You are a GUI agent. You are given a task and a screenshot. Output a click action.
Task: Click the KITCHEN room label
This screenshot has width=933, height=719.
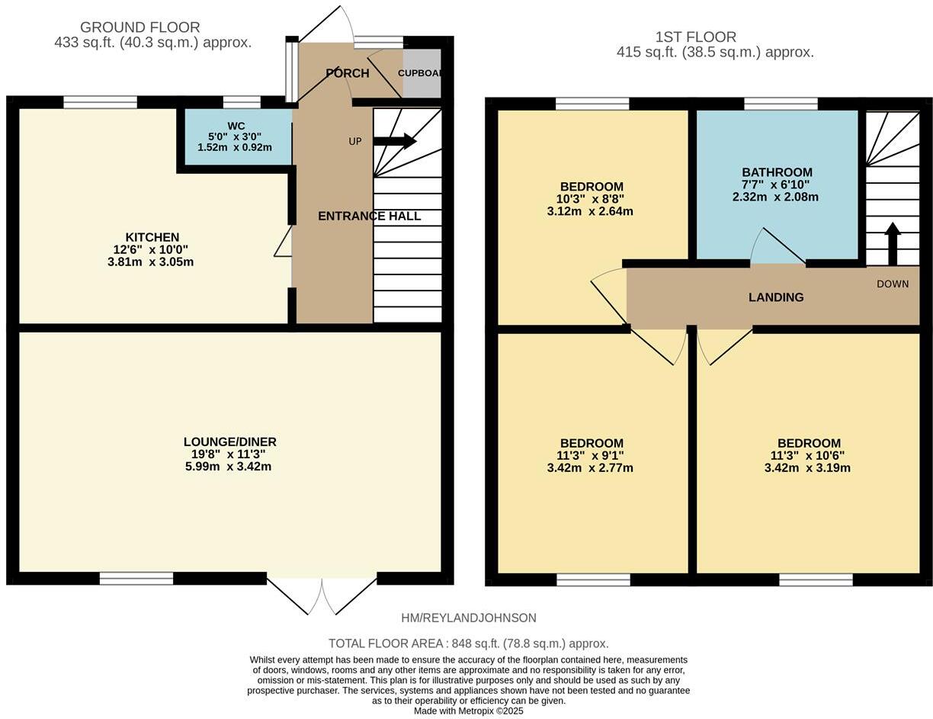[152, 237]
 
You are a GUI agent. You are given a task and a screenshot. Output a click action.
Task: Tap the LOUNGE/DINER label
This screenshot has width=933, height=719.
[229, 441]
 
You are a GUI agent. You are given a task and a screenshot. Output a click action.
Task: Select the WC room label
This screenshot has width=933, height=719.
[236, 126]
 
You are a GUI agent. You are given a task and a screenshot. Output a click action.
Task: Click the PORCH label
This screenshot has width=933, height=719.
[347, 73]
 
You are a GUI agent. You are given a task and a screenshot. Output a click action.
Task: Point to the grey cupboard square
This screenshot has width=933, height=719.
[422, 73]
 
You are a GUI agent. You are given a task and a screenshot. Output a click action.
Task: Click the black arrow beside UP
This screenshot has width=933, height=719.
[395, 141]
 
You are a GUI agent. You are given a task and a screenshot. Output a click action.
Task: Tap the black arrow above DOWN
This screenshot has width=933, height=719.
[892, 242]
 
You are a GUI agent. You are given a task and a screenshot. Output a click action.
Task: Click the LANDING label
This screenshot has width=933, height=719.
[775, 297]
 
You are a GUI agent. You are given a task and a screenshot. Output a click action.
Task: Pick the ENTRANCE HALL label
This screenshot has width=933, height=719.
[369, 216]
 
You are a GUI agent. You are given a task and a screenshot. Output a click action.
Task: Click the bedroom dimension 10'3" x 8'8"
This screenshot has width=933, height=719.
[591, 199]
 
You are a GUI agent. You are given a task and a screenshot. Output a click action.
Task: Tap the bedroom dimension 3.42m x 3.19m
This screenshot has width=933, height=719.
[807, 467]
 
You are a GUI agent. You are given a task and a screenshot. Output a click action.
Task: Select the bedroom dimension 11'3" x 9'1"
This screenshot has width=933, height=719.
[591, 455]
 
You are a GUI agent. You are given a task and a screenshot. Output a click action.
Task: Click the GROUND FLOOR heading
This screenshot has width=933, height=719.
[139, 27]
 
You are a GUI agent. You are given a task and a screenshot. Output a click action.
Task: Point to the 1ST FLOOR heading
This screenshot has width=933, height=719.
[695, 37]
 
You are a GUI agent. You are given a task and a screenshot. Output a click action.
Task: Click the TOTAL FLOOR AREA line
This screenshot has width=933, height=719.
[468, 644]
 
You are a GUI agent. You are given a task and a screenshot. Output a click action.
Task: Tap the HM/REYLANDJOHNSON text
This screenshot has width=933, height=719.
[468, 618]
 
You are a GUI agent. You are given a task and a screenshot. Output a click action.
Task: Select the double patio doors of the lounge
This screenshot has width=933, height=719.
[322, 595]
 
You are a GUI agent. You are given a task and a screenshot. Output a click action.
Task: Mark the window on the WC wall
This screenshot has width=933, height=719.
[242, 102]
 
